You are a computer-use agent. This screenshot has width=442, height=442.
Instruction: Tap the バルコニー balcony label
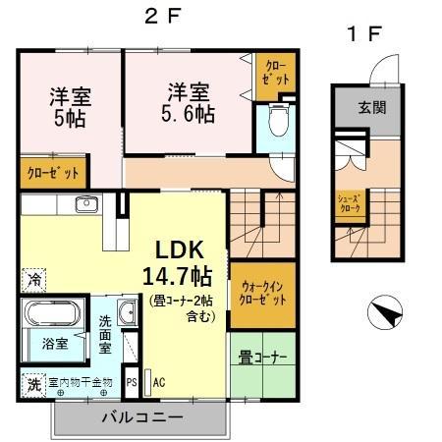tap(142, 416)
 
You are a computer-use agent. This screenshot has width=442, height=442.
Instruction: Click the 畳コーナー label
tap(262, 358)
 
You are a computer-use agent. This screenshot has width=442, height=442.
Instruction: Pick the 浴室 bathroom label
tap(54, 345)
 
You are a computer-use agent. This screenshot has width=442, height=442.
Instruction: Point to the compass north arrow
tap(383, 313)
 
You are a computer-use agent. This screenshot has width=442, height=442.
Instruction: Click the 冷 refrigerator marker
tap(35, 278)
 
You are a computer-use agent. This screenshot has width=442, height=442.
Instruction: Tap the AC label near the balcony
tap(158, 382)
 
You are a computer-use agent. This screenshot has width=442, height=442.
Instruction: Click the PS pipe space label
tap(132, 383)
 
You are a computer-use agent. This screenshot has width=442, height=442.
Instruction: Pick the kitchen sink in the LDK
tap(84, 206)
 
